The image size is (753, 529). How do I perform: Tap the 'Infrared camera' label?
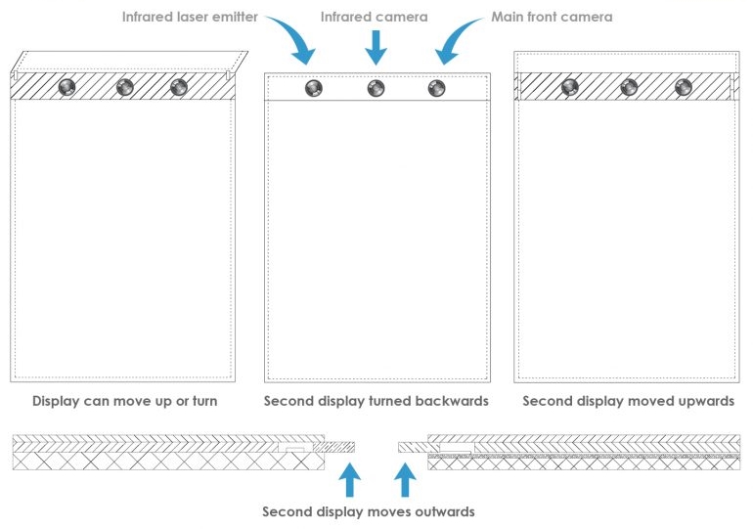click(375, 17)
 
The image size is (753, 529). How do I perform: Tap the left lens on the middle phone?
click(313, 88)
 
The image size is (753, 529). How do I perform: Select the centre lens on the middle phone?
click(376, 88)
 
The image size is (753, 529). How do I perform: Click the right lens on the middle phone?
click(437, 88)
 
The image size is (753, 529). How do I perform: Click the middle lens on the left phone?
click(125, 87)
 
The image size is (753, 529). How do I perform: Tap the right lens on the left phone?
click(178, 87)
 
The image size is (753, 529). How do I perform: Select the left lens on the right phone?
click(568, 87)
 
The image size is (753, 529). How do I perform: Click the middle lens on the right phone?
click(626, 87)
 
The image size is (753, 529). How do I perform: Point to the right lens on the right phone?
click(683, 87)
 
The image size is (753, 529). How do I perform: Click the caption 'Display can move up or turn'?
click(125, 401)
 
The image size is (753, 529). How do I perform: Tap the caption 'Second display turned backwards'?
click(376, 401)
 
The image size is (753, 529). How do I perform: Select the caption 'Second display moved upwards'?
click(628, 401)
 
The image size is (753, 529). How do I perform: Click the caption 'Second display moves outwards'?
click(369, 511)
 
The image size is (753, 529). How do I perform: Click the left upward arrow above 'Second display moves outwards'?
click(349, 479)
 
